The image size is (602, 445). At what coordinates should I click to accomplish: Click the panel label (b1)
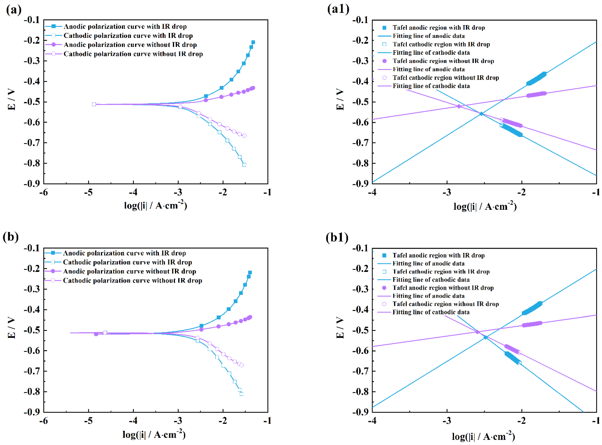[x=337, y=238]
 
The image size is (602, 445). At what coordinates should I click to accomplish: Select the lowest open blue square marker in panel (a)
[x=244, y=165]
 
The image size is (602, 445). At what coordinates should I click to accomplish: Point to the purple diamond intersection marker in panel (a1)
[x=459, y=106]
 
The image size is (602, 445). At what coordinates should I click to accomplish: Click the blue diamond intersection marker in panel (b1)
[x=486, y=337]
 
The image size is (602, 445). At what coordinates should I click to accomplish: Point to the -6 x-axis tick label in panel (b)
[x=43, y=420]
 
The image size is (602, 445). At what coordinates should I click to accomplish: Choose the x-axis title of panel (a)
[x=155, y=205]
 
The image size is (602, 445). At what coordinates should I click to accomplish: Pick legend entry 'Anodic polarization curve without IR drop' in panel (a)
[x=130, y=45]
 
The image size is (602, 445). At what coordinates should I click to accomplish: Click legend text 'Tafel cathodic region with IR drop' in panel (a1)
[x=441, y=44]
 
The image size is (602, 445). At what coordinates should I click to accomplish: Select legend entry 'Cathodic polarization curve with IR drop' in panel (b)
[x=127, y=262]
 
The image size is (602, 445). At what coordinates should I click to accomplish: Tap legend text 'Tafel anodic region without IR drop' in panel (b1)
[x=443, y=288]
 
